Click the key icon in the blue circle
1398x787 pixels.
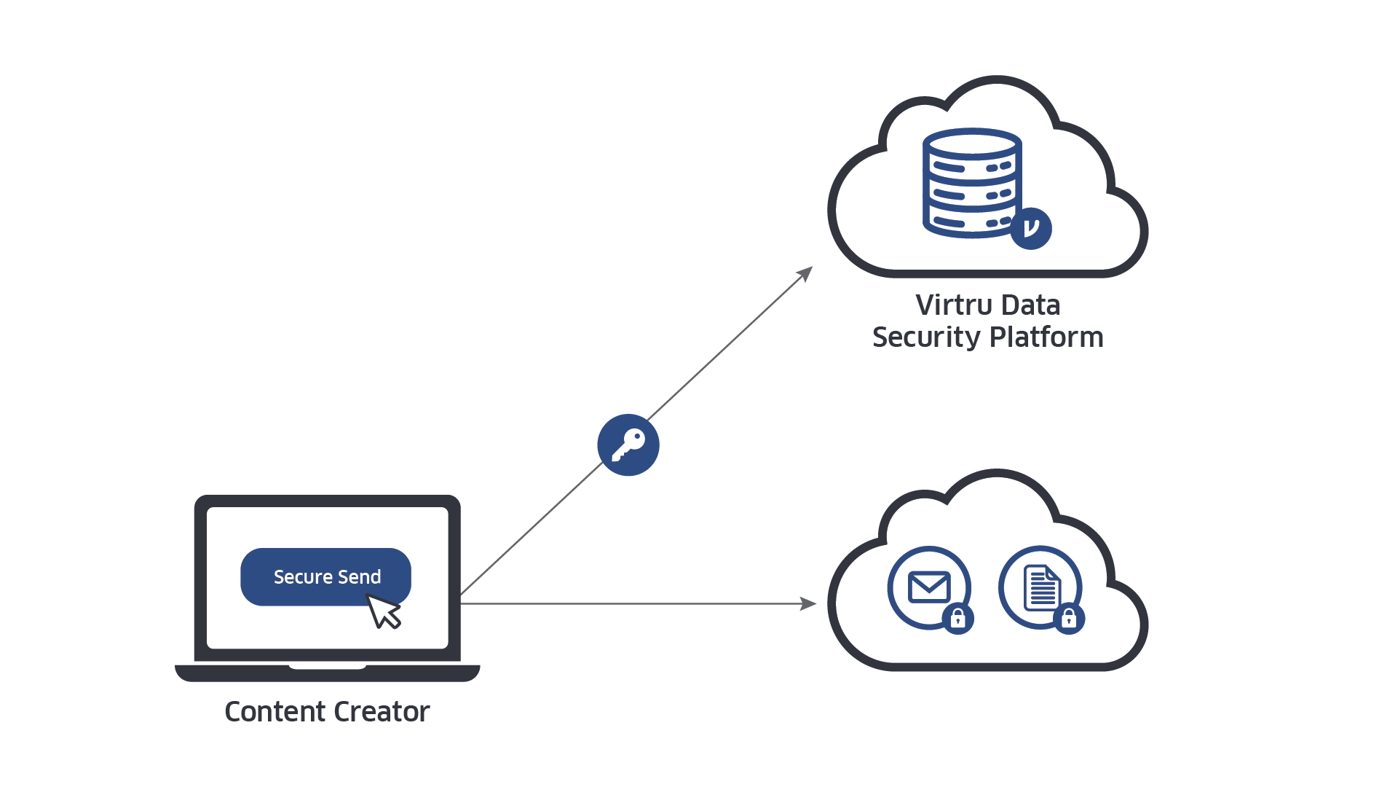(628, 445)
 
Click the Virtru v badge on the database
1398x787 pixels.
(1031, 228)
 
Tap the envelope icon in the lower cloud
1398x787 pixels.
(928, 587)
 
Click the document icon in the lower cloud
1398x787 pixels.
(1041, 587)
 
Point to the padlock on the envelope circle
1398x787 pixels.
(958, 619)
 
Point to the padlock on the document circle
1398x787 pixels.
(1069, 619)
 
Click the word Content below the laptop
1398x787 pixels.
(273, 712)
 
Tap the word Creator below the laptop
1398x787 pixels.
(382, 712)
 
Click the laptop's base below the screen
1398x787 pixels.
(327, 673)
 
